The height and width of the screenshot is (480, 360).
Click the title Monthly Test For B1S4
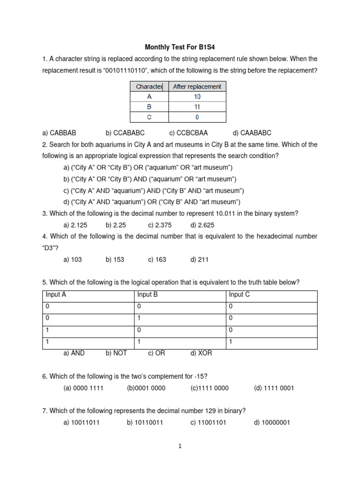(180, 47)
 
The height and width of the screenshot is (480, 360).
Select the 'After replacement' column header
(197, 86)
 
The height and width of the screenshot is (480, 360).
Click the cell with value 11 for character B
(197, 107)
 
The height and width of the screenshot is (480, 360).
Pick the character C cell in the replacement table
(149, 117)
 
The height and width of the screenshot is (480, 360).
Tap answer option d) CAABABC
(252, 133)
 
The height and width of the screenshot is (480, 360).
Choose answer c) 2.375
(164, 225)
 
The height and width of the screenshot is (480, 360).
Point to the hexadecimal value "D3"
(50, 248)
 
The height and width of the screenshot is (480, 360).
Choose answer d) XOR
(201, 353)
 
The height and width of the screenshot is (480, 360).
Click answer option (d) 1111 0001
(274, 388)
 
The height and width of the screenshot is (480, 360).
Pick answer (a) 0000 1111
(83, 388)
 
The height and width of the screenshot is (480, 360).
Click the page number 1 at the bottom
(180, 446)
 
